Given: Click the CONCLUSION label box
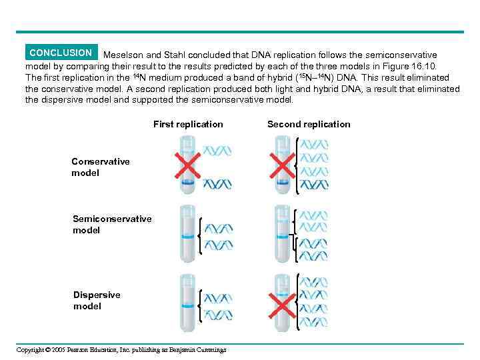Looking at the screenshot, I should pos(61,53).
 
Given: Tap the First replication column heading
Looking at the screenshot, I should pos(188,124).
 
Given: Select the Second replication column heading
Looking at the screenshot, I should pos(308,124).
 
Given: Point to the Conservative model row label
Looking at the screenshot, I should pos(101,167).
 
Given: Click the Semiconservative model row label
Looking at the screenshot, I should pos(112,225).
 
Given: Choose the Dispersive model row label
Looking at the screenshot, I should pos(97,301).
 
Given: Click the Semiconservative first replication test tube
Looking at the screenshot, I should pos(187,233).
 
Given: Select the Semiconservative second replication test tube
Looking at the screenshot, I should pos(282,233).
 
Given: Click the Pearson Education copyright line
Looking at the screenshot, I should pos(121,349).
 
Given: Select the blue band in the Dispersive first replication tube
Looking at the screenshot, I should pos(187,305).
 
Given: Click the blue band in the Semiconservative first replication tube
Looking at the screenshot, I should pos(187,237).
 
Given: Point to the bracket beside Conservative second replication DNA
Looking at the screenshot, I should pos(296,166).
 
